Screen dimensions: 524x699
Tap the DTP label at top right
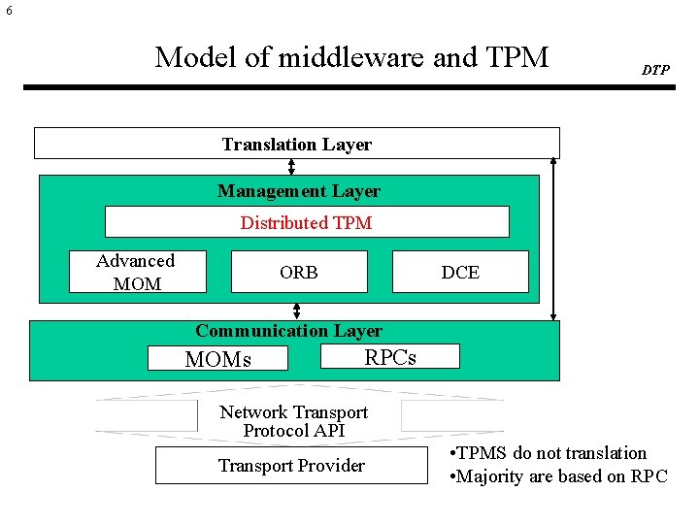(655, 70)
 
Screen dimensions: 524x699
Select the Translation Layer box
(296, 144)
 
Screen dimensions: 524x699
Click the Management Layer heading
(298, 191)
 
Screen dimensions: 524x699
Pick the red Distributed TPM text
(306, 222)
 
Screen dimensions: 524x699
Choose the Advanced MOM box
(136, 272)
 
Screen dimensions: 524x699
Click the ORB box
(299, 273)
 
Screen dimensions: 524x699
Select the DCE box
(460, 273)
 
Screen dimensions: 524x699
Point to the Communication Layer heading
(288, 331)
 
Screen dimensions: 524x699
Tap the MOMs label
(218, 359)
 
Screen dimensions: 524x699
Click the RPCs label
(390, 357)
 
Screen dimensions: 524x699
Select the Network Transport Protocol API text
(294, 421)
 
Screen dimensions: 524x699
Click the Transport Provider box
(291, 466)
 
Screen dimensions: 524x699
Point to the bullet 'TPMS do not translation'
(549, 453)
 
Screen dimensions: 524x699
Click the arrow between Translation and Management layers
(291, 166)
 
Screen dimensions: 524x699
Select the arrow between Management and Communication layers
(297, 311)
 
